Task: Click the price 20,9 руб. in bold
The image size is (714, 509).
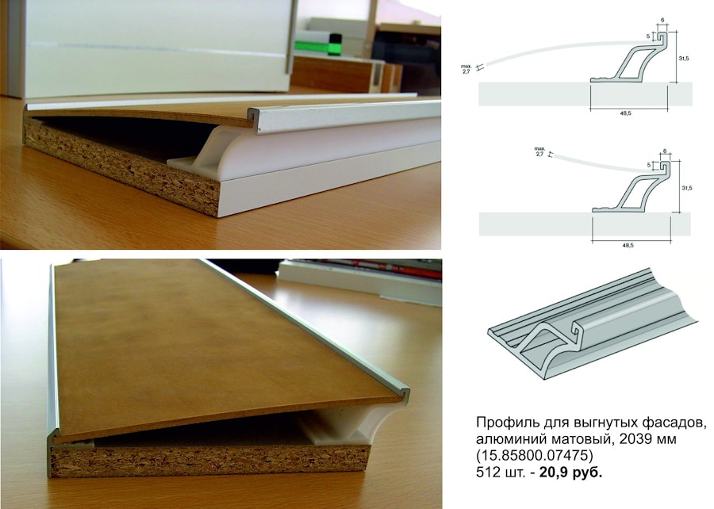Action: (x=570, y=473)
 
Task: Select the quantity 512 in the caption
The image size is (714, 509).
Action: (x=486, y=473)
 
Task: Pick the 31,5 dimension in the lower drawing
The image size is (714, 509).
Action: (x=687, y=188)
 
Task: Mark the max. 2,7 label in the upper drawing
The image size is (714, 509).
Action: (x=466, y=69)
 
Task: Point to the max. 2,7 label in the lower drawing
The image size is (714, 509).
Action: (x=540, y=151)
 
